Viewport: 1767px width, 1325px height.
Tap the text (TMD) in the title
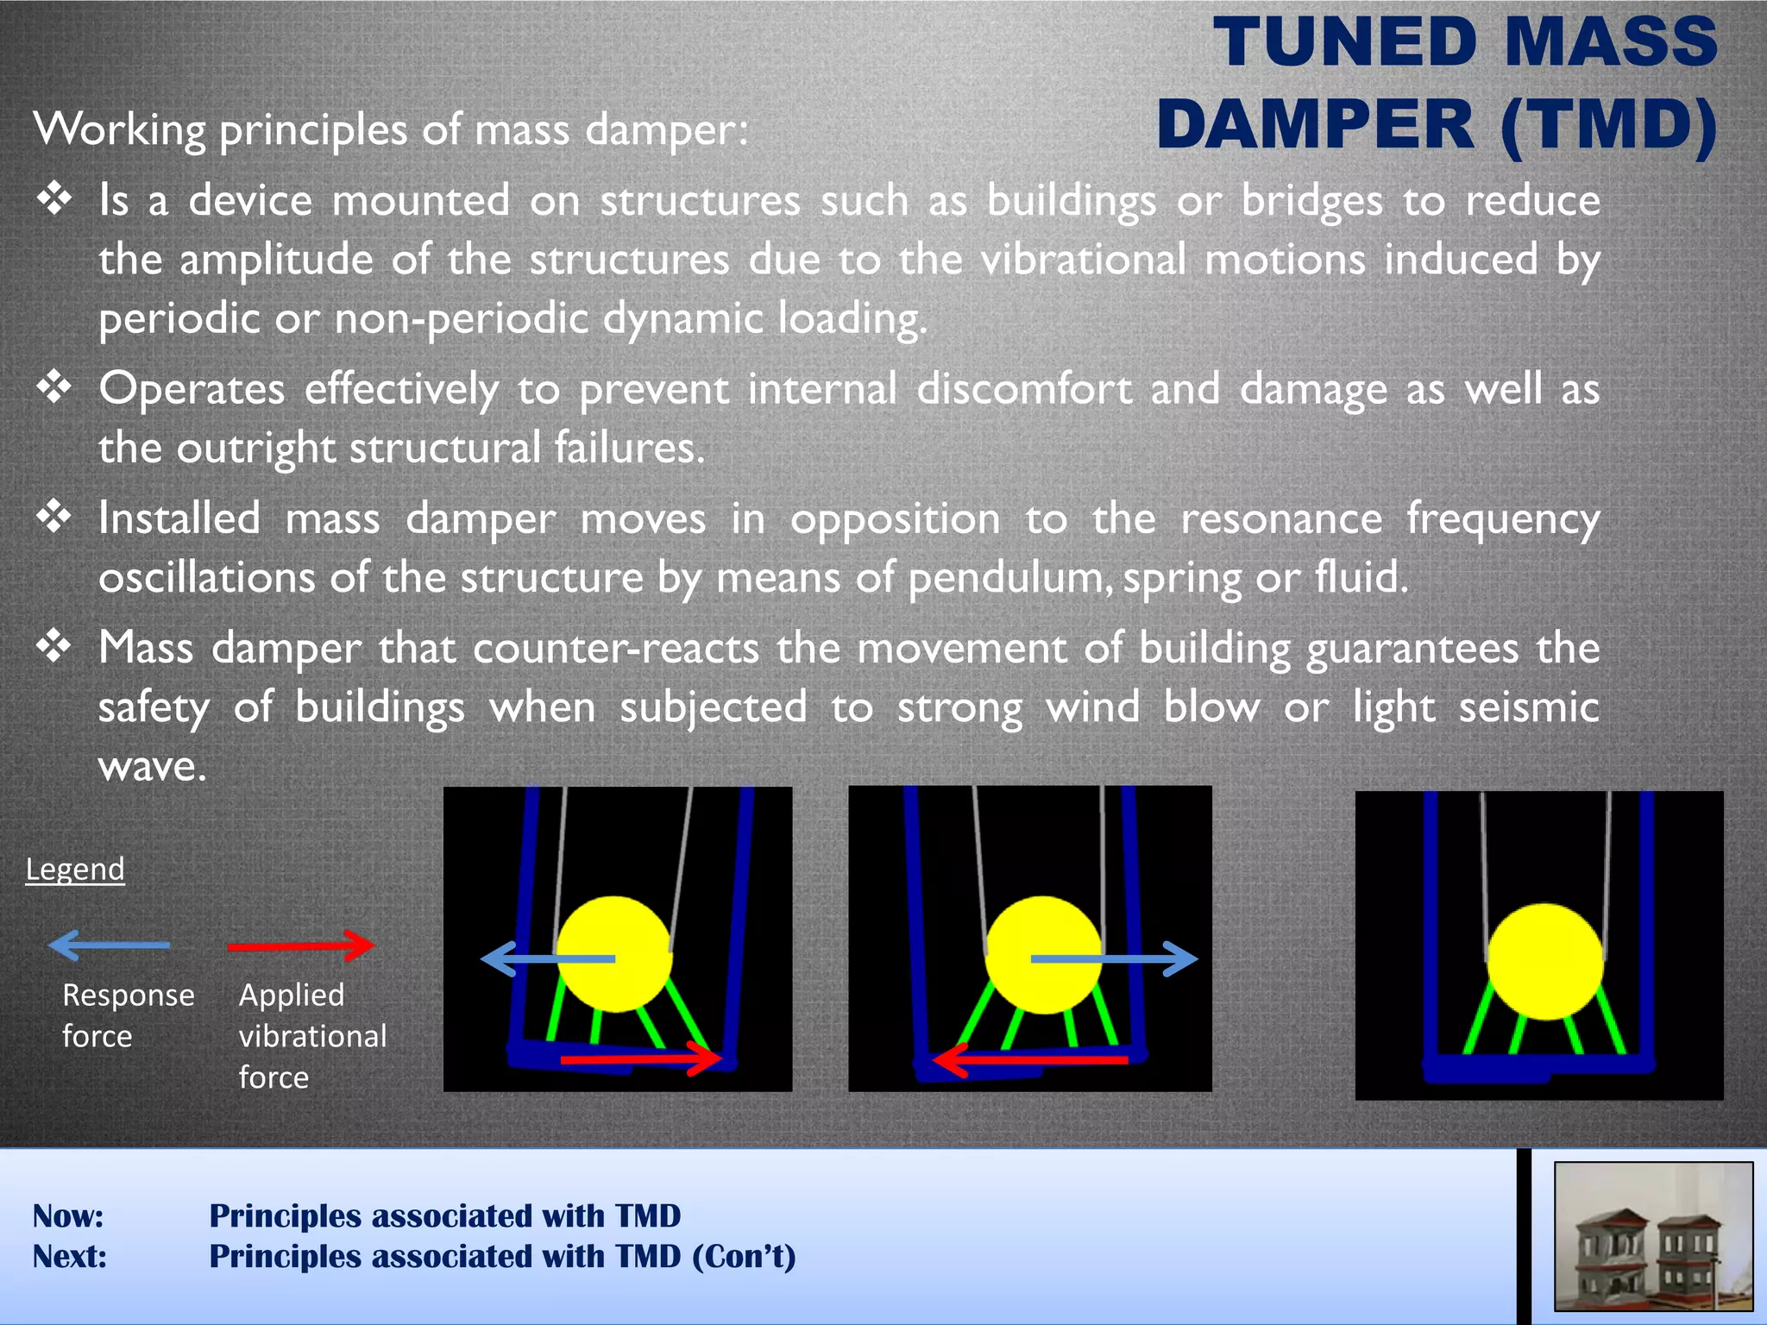(x=1609, y=126)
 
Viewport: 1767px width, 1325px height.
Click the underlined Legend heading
(x=75, y=869)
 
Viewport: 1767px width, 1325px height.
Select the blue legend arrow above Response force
(x=110, y=945)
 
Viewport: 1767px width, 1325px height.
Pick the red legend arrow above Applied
(x=301, y=945)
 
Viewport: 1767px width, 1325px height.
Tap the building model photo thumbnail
(x=1653, y=1236)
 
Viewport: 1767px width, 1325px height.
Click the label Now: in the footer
(x=68, y=1216)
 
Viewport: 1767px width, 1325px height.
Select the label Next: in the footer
(x=70, y=1257)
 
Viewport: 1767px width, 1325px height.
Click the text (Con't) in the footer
(x=744, y=1257)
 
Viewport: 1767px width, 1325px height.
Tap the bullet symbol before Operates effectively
(x=54, y=387)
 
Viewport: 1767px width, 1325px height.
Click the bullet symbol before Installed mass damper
(x=54, y=518)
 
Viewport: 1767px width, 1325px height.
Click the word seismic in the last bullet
(x=1529, y=707)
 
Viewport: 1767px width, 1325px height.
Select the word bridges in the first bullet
(x=1311, y=202)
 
